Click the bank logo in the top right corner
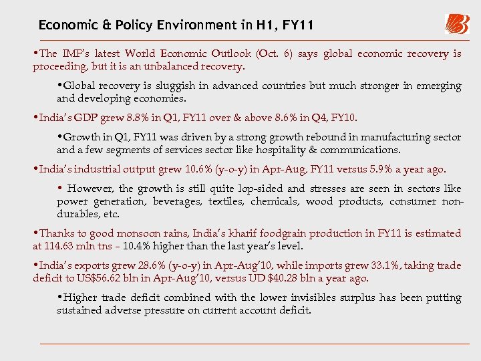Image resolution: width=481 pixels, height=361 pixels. point(457,24)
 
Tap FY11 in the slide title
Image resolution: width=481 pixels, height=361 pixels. point(294,25)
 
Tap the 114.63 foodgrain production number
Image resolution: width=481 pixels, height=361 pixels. point(59,246)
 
